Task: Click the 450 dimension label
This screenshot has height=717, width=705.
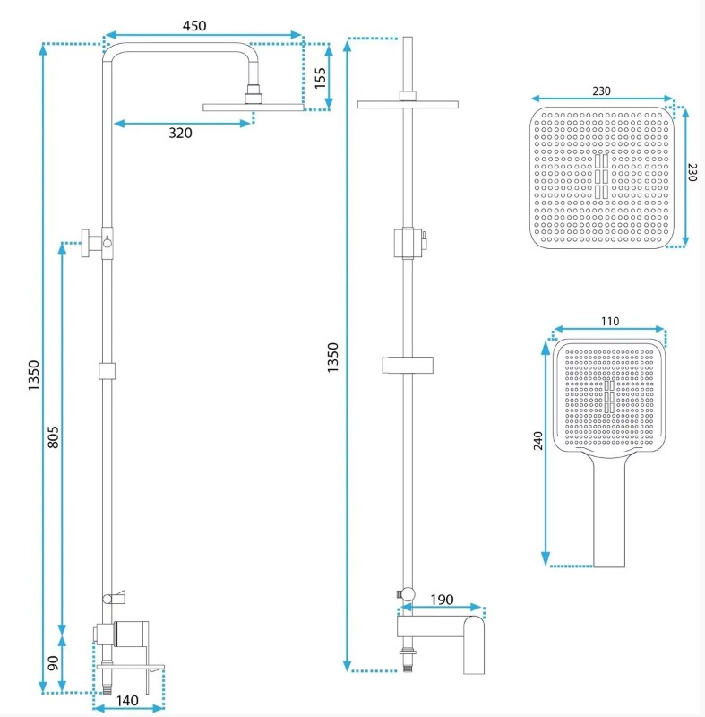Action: [194, 26]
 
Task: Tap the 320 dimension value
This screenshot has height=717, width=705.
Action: [180, 133]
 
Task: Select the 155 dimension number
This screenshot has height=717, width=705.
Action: [321, 78]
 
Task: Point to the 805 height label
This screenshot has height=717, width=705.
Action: [53, 437]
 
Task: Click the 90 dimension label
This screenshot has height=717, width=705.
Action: [53, 663]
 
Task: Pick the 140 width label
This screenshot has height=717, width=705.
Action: [127, 701]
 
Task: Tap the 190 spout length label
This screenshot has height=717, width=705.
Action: [442, 600]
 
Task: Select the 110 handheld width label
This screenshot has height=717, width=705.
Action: [610, 322]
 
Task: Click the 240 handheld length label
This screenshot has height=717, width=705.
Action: [538, 441]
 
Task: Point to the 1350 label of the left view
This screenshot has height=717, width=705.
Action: [34, 376]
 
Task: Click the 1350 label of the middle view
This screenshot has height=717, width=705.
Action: [333, 357]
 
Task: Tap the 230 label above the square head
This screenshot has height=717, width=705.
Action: [601, 91]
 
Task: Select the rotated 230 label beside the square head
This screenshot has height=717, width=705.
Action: [692, 172]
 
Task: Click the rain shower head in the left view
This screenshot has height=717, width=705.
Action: [254, 107]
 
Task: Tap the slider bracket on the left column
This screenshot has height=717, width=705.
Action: [107, 371]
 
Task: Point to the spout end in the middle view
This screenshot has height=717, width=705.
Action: [474, 645]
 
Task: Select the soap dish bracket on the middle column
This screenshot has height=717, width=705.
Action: [408, 365]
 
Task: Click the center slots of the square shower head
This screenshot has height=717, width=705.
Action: [601, 177]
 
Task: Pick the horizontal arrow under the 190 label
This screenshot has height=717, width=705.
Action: [442, 608]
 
